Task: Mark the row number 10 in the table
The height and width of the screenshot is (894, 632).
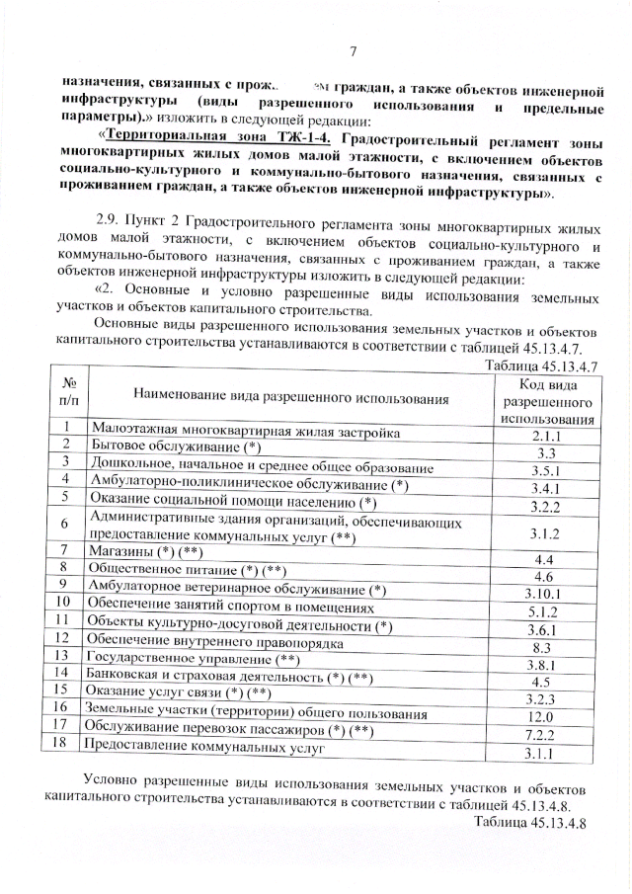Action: [x=62, y=601]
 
